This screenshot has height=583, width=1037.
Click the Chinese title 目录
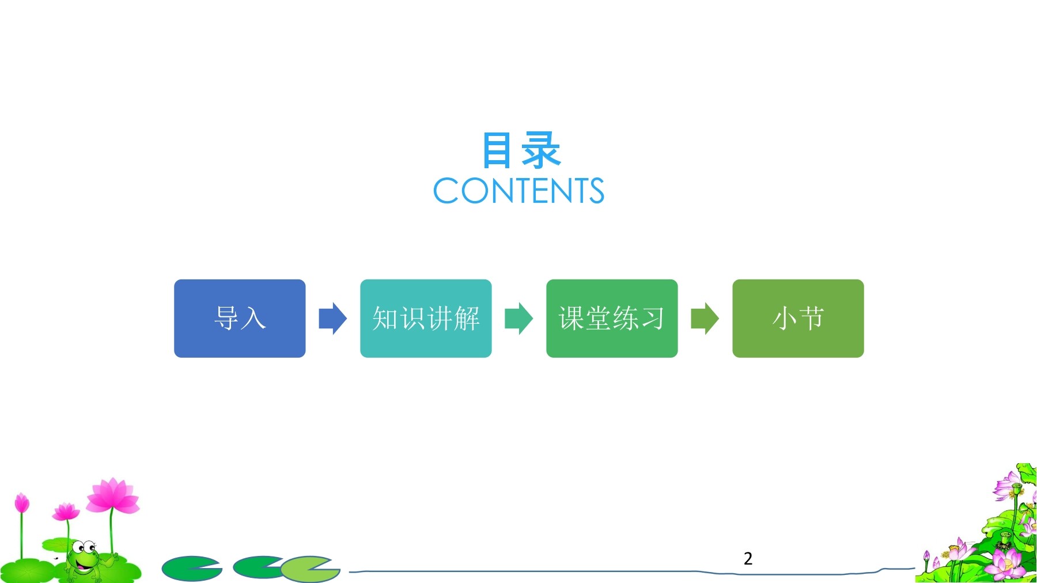521,150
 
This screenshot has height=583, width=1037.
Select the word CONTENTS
518,191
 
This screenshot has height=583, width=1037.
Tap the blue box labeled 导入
240,319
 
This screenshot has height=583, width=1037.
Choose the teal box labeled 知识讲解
426,319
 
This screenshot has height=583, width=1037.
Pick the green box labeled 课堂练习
612,319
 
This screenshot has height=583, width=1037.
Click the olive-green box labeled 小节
798,319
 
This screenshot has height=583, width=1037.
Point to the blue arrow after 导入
333,319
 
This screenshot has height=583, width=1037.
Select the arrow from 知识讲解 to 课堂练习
519,319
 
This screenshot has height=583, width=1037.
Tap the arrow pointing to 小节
705,319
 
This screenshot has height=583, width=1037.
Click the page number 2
748,558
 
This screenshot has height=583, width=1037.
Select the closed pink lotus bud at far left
22,503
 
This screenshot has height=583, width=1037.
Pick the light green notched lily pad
311,569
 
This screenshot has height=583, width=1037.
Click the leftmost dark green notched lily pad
192,569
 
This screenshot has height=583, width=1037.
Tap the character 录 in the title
541,150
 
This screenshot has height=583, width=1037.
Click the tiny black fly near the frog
56,558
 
